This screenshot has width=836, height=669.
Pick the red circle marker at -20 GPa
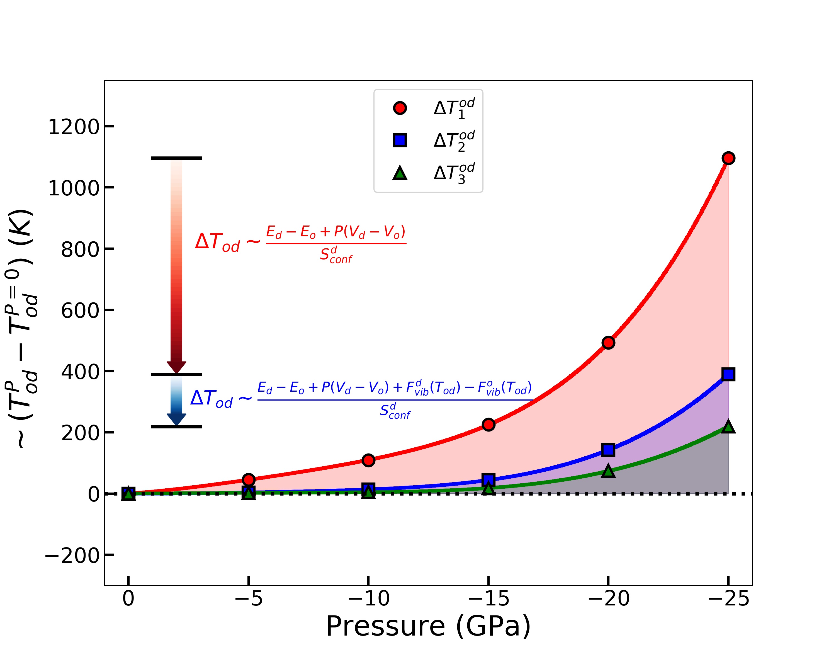point(608,343)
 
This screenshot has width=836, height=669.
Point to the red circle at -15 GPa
point(489,425)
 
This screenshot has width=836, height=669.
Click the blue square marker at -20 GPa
point(608,450)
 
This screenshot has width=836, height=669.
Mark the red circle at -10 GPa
point(368,460)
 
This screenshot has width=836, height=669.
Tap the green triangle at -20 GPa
point(608,471)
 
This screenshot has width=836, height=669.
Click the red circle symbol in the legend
point(400,108)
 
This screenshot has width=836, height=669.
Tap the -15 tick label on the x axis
point(489,598)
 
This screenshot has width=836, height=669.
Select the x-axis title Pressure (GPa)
point(428,627)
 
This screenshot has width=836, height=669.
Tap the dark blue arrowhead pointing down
point(176,420)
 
